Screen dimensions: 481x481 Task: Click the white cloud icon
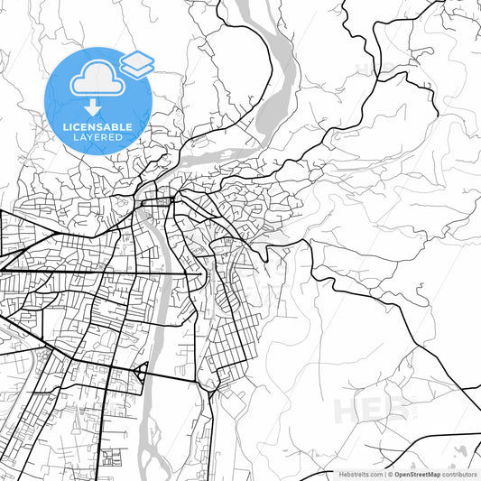coord(97,80)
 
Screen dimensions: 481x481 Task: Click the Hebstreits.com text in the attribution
coord(359,474)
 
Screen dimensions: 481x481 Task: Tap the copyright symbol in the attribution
coord(391,474)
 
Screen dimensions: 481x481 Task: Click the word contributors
coord(459,474)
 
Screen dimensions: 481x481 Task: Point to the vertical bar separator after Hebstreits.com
coord(385,474)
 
